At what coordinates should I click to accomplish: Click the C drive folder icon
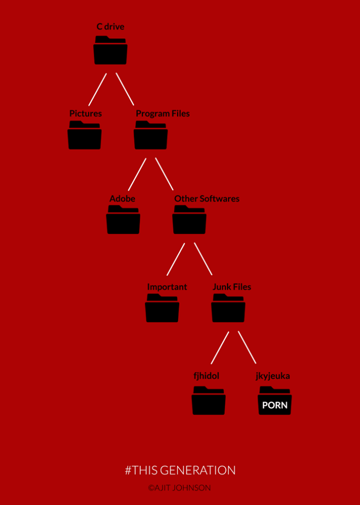tap(111, 51)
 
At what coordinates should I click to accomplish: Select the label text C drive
tap(111, 27)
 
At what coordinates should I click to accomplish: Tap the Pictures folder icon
tap(85, 136)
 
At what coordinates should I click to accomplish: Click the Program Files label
tap(163, 113)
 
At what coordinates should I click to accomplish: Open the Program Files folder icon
tap(151, 136)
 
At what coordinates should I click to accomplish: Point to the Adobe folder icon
tap(123, 221)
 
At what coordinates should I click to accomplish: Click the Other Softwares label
tap(207, 198)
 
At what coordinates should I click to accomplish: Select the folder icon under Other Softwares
tap(189, 221)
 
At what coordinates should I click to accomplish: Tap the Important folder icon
tap(162, 309)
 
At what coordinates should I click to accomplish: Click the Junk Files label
tap(232, 287)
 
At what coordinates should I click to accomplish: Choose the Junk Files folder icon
tap(228, 309)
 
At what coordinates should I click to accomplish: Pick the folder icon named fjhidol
tap(208, 402)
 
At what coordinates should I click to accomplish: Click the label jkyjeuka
tap(273, 376)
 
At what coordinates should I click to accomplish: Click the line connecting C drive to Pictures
tap(98, 89)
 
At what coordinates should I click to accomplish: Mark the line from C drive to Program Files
tap(124, 89)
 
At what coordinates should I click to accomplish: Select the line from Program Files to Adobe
tap(137, 175)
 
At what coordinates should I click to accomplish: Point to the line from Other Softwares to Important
tap(176, 259)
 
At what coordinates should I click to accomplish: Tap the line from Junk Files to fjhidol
tap(220, 347)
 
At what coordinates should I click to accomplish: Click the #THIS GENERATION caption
tap(180, 470)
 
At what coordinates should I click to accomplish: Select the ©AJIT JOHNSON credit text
tap(180, 488)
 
